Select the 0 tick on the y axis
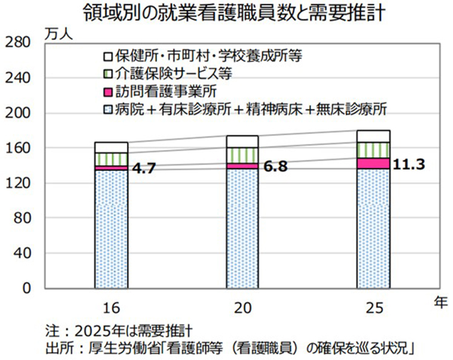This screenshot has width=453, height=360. pos(25,289)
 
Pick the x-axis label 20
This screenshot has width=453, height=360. pos(242,309)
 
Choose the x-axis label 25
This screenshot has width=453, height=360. pos(373,309)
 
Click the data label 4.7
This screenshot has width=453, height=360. pos(143,168)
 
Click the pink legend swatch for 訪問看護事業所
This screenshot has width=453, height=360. pos(108,92)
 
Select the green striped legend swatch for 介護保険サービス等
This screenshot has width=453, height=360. pos(108,74)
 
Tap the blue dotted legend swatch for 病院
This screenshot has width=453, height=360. pos(108,109)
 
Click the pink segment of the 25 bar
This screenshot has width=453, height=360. pos(373,163)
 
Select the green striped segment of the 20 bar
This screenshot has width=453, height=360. pos(242,155)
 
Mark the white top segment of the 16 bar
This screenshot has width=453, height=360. pos(111,147)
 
